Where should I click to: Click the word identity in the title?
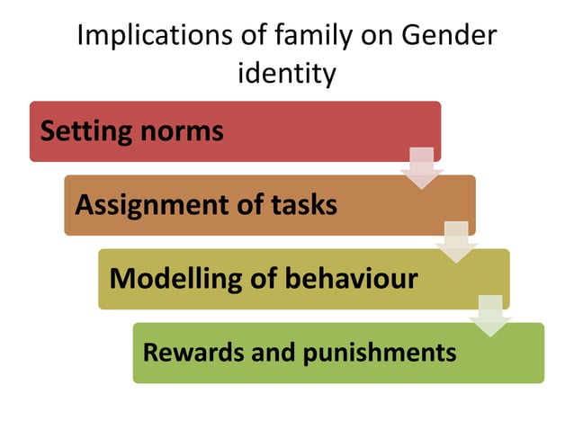286,73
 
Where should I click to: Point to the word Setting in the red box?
85,131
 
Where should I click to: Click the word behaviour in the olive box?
355,278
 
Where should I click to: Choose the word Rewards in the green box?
185,352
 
